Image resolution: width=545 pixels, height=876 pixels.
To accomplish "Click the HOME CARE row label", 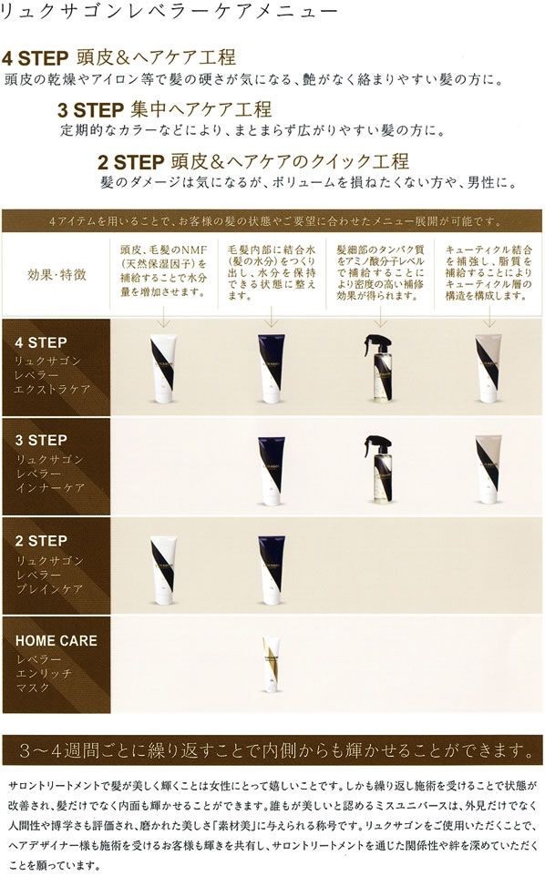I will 56,640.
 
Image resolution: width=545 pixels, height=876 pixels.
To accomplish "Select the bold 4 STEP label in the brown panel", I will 42,343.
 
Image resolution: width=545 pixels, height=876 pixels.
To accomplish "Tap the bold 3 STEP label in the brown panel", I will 42,442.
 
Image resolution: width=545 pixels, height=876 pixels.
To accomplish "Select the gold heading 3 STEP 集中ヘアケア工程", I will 164,109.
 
